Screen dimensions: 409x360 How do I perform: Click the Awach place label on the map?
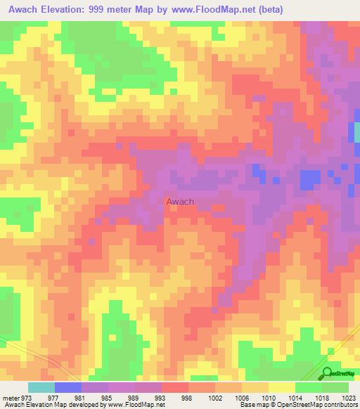tap(180, 202)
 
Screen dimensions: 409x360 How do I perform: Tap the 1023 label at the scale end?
tap(349, 397)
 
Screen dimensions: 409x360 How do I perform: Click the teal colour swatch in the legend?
tap(41, 387)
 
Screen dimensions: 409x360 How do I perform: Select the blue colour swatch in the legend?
tap(67, 387)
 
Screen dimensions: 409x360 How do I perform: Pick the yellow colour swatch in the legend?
tap(281, 387)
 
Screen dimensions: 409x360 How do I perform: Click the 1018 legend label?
tap(322, 397)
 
